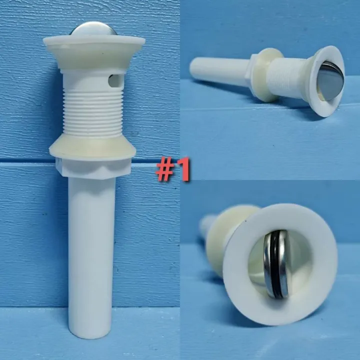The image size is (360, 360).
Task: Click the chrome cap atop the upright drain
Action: click(93, 28)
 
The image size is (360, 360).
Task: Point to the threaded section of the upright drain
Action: click(92, 112)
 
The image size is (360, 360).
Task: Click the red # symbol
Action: click(164, 170)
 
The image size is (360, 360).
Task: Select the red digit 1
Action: click(183, 170)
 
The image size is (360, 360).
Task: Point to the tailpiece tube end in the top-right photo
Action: click(195, 65)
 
